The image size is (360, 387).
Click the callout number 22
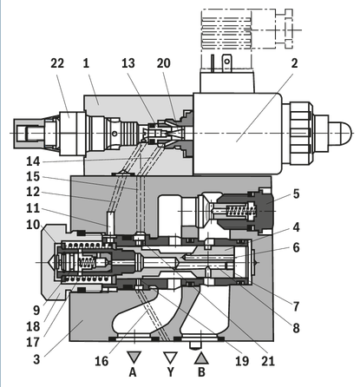tap(57, 63)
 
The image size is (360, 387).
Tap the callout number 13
tap(128, 63)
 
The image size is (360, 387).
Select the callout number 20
tap(164, 63)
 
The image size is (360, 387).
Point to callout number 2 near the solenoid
tap(294, 63)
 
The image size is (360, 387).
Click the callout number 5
tap(296, 193)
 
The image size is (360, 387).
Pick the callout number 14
tap(33, 161)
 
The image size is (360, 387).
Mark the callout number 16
tap(101, 361)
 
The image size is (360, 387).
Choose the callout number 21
tap(268, 361)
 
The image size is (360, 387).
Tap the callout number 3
tap(36, 359)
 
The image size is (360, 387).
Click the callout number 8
tap(296, 328)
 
